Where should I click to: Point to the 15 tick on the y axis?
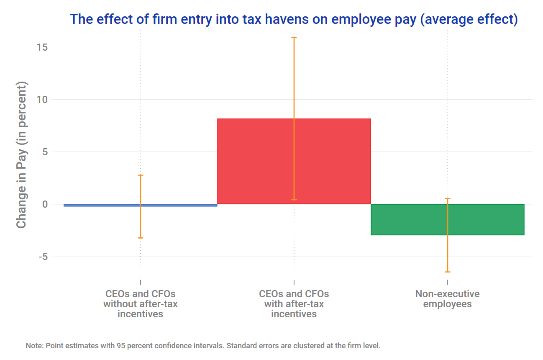pyautogui.click(x=41, y=47)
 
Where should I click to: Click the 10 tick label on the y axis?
pyautogui.click(x=41, y=100)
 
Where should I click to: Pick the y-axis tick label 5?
pyautogui.click(x=44, y=152)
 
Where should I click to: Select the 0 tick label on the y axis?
pyautogui.click(x=44, y=204)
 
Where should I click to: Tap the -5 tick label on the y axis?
pyautogui.click(x=43, y=257)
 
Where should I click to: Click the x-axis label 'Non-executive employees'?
pyautogui.click(x=447, y=299)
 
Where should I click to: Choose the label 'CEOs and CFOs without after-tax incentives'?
pyautogui.click(x=140, y=304)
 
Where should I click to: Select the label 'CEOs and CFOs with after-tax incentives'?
pyautogui.click(x=294, y=304)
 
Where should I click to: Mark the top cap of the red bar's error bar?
pyautogui.click(x=294, y=38)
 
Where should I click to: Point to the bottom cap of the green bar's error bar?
pyautogui.click(x=448, y=272)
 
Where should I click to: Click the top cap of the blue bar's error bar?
pyautogui.click(x=141, y=175)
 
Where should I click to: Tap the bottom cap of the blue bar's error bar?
pyautogui.click(x=141, y=238)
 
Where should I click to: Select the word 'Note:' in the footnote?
pyautogui.click(x=35, y=346)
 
